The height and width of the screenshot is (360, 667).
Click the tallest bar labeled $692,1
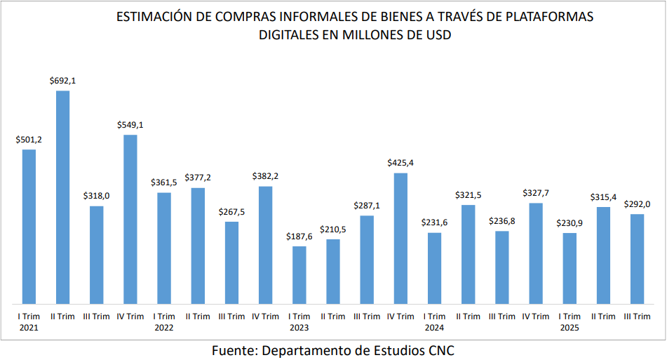[x=62, y=196]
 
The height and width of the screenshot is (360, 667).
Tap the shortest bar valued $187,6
[x=299, y=274]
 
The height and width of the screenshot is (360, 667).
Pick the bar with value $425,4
[x=400, y=238]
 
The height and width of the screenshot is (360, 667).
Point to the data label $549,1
[x=130, y=125]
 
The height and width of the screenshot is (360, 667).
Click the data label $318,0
[x=96, y=196]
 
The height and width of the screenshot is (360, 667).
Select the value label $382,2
[x=265, y=176]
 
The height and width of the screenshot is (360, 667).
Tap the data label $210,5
[x=332, y=229]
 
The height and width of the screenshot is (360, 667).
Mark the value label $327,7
[x=535, y=193]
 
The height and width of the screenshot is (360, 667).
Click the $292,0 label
[x=637, y=204]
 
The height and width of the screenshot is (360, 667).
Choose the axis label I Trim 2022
[x=163, y=321]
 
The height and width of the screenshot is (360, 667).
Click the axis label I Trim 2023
[x=299, y=321]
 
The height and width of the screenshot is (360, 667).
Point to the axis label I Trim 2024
[x=434, y=321]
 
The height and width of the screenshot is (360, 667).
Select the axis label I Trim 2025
[x=569, y=321]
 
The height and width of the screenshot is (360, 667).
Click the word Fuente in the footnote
[x=233, y=349]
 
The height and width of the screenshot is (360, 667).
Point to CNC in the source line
[x=443, y=349]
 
